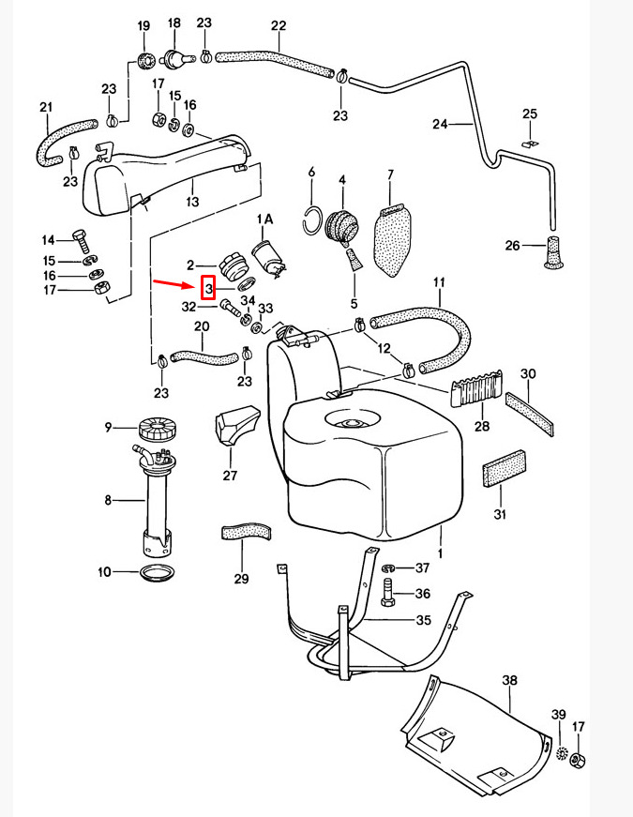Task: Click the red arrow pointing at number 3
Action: [x=173, y=284]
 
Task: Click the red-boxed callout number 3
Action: [x=208, y=288]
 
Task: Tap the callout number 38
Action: [x=510, y=680]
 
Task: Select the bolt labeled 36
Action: [x=389, y=593]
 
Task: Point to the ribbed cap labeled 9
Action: [x=157, y=428]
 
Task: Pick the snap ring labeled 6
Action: [x=312, y=220]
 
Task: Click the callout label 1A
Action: [x=264, y=219]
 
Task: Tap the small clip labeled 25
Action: [x=530, y=144]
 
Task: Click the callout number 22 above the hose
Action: [x=279, y=25]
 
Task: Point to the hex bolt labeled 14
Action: [x=81, y=241]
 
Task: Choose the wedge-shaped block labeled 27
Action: [x=236, y=424]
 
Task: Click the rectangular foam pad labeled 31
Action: [x=505, y=467]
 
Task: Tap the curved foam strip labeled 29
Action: [x=247, y=532]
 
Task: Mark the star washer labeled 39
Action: [x=561, y=752]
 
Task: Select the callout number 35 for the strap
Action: [x=424, y=620]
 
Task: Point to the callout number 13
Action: [x=193, y=201]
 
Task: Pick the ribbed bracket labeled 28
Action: [x=476, y=388]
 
